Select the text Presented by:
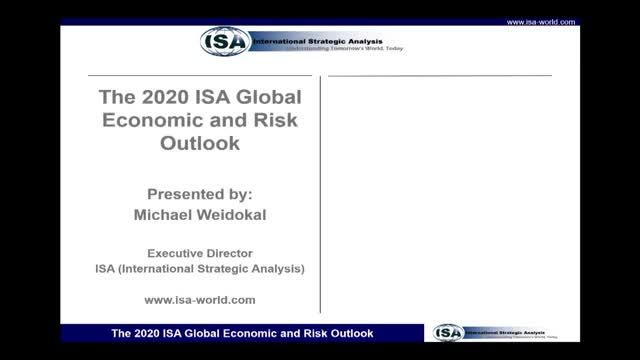tap(200, 196)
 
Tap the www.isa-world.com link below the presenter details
tap(200, 299)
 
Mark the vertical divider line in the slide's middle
tap(321, 190)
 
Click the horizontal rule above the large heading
tap(200, 75)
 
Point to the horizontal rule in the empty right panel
tap(439, 75)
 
